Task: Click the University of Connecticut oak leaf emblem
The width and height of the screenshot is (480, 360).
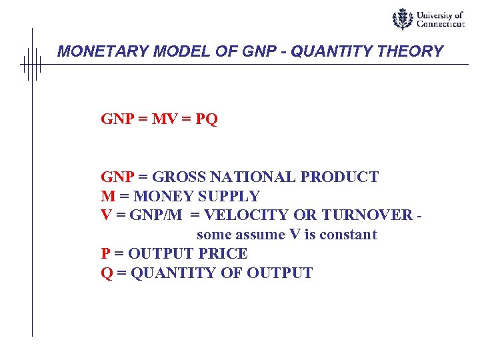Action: [x=402, y=19]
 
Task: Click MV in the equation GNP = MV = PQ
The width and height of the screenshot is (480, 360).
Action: [x=165, y=120]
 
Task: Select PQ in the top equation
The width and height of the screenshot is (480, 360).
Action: [x=207, y=120]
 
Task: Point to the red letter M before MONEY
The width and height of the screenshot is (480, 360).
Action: [x=108, y=197]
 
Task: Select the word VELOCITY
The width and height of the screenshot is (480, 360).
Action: [x=239, y=215]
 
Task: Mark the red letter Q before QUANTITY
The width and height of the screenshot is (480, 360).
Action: [x=107, y=273]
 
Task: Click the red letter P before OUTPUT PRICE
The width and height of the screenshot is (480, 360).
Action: [x=105, y=254]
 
